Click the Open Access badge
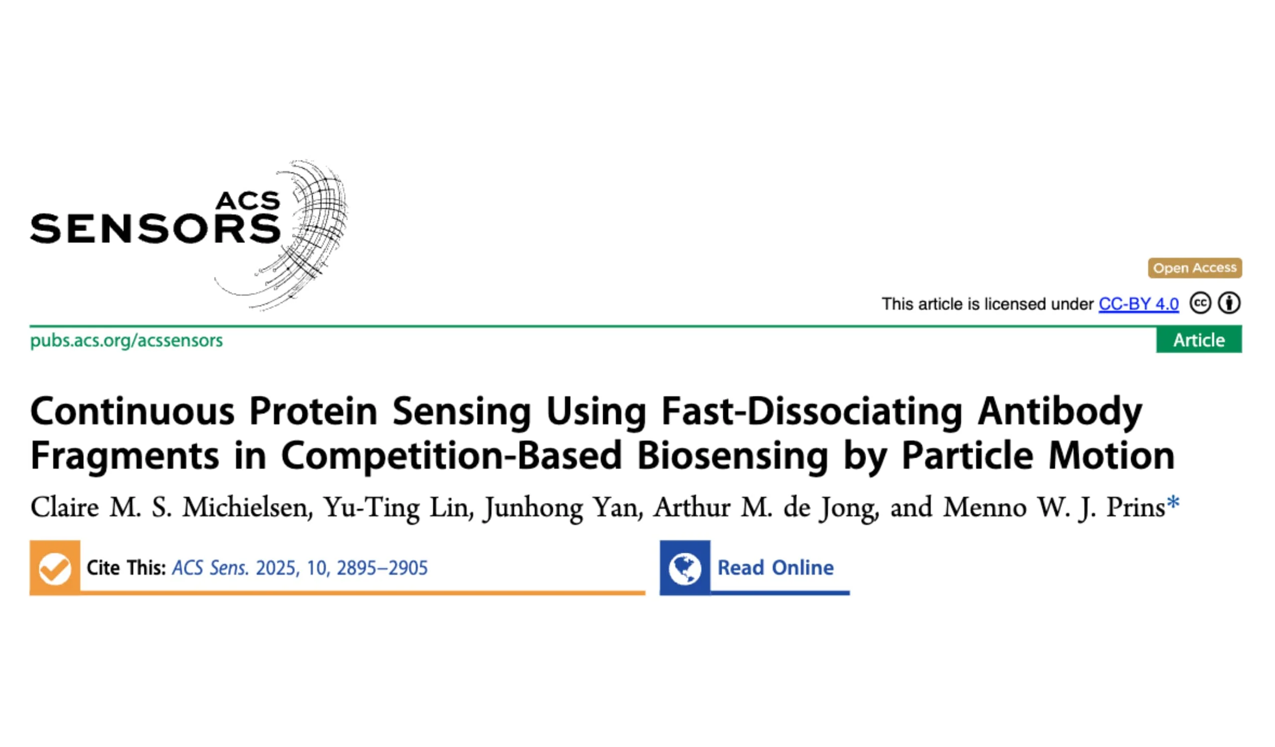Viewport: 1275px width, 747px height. coord(1194,268)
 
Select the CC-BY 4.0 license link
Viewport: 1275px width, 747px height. coord(1139,304)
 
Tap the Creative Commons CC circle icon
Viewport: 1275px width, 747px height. coord(1200,303)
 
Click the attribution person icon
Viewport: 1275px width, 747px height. coord(1230,303)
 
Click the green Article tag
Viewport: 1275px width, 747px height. coord(1199,340)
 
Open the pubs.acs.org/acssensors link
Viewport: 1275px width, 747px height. coord(127,340)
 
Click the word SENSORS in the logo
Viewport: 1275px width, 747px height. coord(155,229)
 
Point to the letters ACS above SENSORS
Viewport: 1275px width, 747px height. coord(248,201)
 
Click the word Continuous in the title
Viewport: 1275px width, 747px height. coord(132,411)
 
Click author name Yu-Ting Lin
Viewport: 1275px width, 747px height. coord(399,508)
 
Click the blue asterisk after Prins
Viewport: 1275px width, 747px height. coord(1173,502)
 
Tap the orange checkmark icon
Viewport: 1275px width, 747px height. coord(55,568)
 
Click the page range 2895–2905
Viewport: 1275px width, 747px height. coord(382,568)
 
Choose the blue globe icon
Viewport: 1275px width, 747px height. coord(684,568)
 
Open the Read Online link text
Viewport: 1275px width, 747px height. coord(775,567)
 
